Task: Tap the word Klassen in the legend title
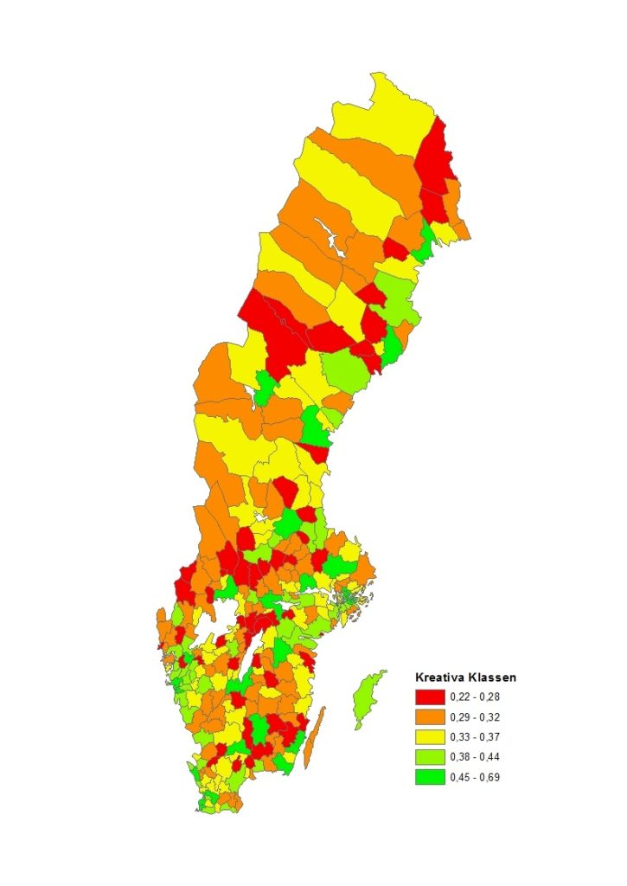point(489,677)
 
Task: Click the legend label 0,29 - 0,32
point(476,717)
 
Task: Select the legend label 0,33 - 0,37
point(476,737)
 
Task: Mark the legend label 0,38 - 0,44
point(476,757)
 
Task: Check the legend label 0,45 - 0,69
point(476,777)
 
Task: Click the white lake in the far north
point(328,233)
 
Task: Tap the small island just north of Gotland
point(381,671)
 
